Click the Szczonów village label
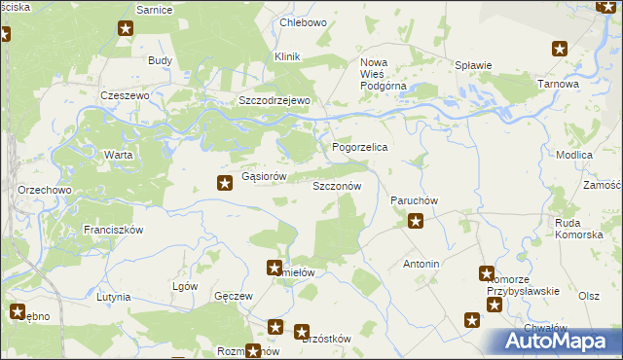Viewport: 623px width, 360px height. point(337,185)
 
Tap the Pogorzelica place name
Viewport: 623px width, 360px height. point(360,147)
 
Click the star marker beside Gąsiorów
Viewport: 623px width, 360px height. point(224,181)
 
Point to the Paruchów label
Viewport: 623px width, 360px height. point(415,200)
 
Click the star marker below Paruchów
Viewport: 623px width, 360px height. point(415,222)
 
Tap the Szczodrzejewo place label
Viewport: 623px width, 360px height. point(275,101)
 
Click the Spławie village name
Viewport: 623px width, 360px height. point(473,66)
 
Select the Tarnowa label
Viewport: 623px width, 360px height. point(558,85)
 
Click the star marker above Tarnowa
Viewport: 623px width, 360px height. point(560,49)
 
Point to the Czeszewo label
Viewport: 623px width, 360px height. point(124,96)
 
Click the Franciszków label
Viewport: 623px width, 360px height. point(113,230)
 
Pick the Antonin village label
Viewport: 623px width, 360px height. point(421,265)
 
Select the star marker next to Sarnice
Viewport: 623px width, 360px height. point(126,29)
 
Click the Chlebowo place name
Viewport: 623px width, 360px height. point(303,22)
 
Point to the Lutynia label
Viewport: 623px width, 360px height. point(115,296)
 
